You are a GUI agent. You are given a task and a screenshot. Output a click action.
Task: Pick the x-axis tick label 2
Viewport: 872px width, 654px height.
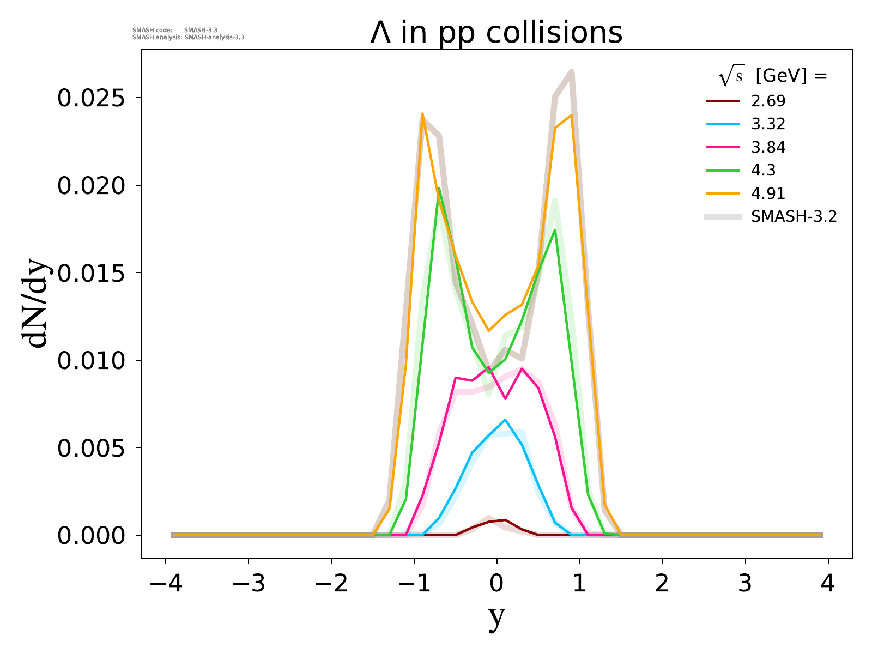(x=663, y=584)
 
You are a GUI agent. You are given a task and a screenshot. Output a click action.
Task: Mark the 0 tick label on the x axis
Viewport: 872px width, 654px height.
(x=496, y=584)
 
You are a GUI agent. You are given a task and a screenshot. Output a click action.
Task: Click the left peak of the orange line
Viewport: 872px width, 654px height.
(x=422, y=114)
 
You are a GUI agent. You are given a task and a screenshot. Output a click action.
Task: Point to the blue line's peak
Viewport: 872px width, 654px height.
(x=505, y=420)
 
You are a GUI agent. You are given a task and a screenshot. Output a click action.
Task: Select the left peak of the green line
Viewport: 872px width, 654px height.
(x=439, y=188)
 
